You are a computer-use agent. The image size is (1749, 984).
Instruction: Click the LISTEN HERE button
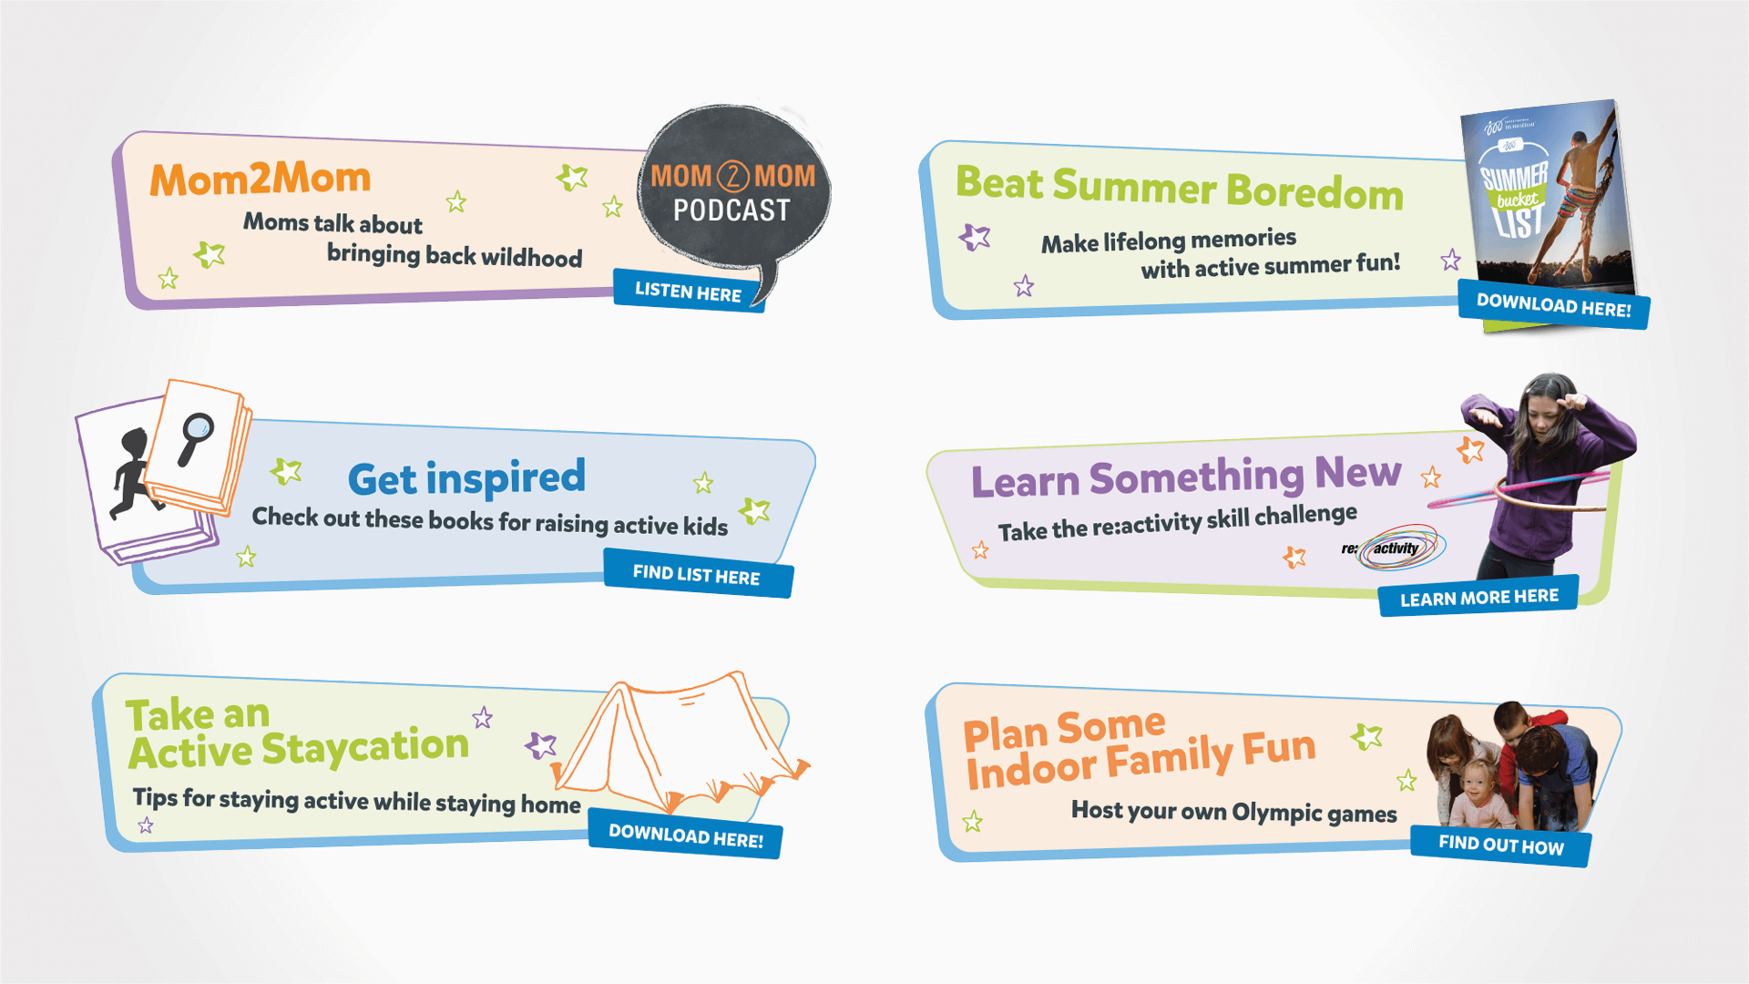pyautogui.click(x=689, y=292)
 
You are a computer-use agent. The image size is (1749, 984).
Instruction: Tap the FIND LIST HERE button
pyautogui.click(x=698, y=574)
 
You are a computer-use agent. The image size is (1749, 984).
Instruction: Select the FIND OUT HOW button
pyautogui.click(x=1501, y=846)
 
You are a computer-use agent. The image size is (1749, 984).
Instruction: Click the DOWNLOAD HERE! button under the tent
pyautogui.click(x=685, y=835)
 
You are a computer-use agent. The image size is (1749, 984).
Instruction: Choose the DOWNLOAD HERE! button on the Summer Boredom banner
pyautogui.click(x=1554, y=304)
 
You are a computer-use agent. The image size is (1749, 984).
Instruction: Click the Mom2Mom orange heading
pyautogui.click(x=261, y=179)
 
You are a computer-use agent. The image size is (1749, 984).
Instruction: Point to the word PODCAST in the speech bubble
pyautogui.click(x=731, y=210)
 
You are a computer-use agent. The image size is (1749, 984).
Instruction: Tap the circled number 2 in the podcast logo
pyautogui.click(x=733, y=176)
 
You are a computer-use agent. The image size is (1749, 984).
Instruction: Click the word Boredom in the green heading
pyautogui.click(x=1314, y=191)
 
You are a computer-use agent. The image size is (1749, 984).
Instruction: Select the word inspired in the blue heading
pyautogui.click(x=506, y=477)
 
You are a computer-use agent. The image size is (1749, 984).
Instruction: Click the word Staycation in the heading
pyautogui.click(x=365, y=747)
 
